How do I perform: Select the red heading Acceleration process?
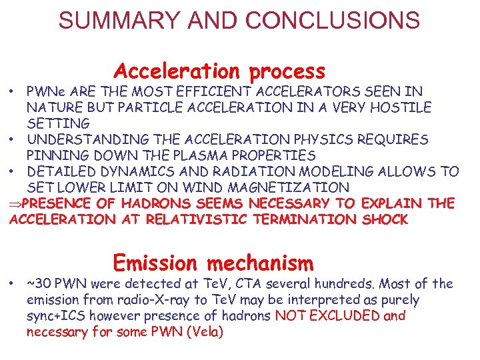coord(219,70)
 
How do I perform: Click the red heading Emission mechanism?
coord(213,262)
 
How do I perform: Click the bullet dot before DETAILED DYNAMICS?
coord(13,172)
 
